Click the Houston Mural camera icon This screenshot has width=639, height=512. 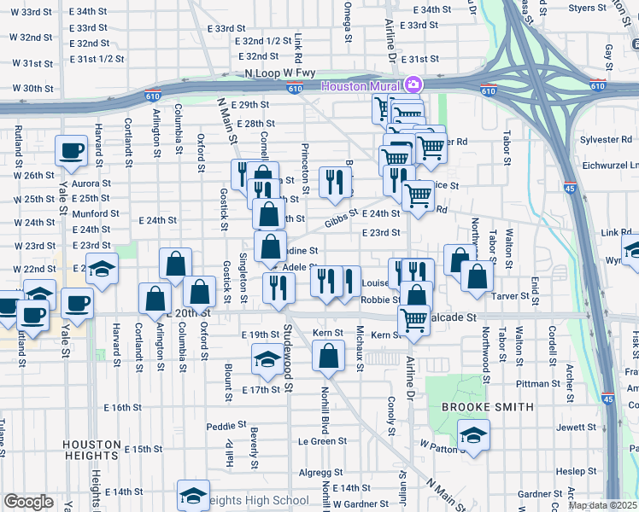pos(413,84)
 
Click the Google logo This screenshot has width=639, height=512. pos(28,502)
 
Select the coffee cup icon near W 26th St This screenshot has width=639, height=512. pos(71,151)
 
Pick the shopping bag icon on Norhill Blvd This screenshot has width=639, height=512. pos(328,356)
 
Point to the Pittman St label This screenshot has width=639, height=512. pos(537,384)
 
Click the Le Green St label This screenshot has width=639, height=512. pos(316,442)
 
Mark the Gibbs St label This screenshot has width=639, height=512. pos(341,223)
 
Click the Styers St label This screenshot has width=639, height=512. pos(587,9)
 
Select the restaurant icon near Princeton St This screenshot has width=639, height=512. pos(334,181)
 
